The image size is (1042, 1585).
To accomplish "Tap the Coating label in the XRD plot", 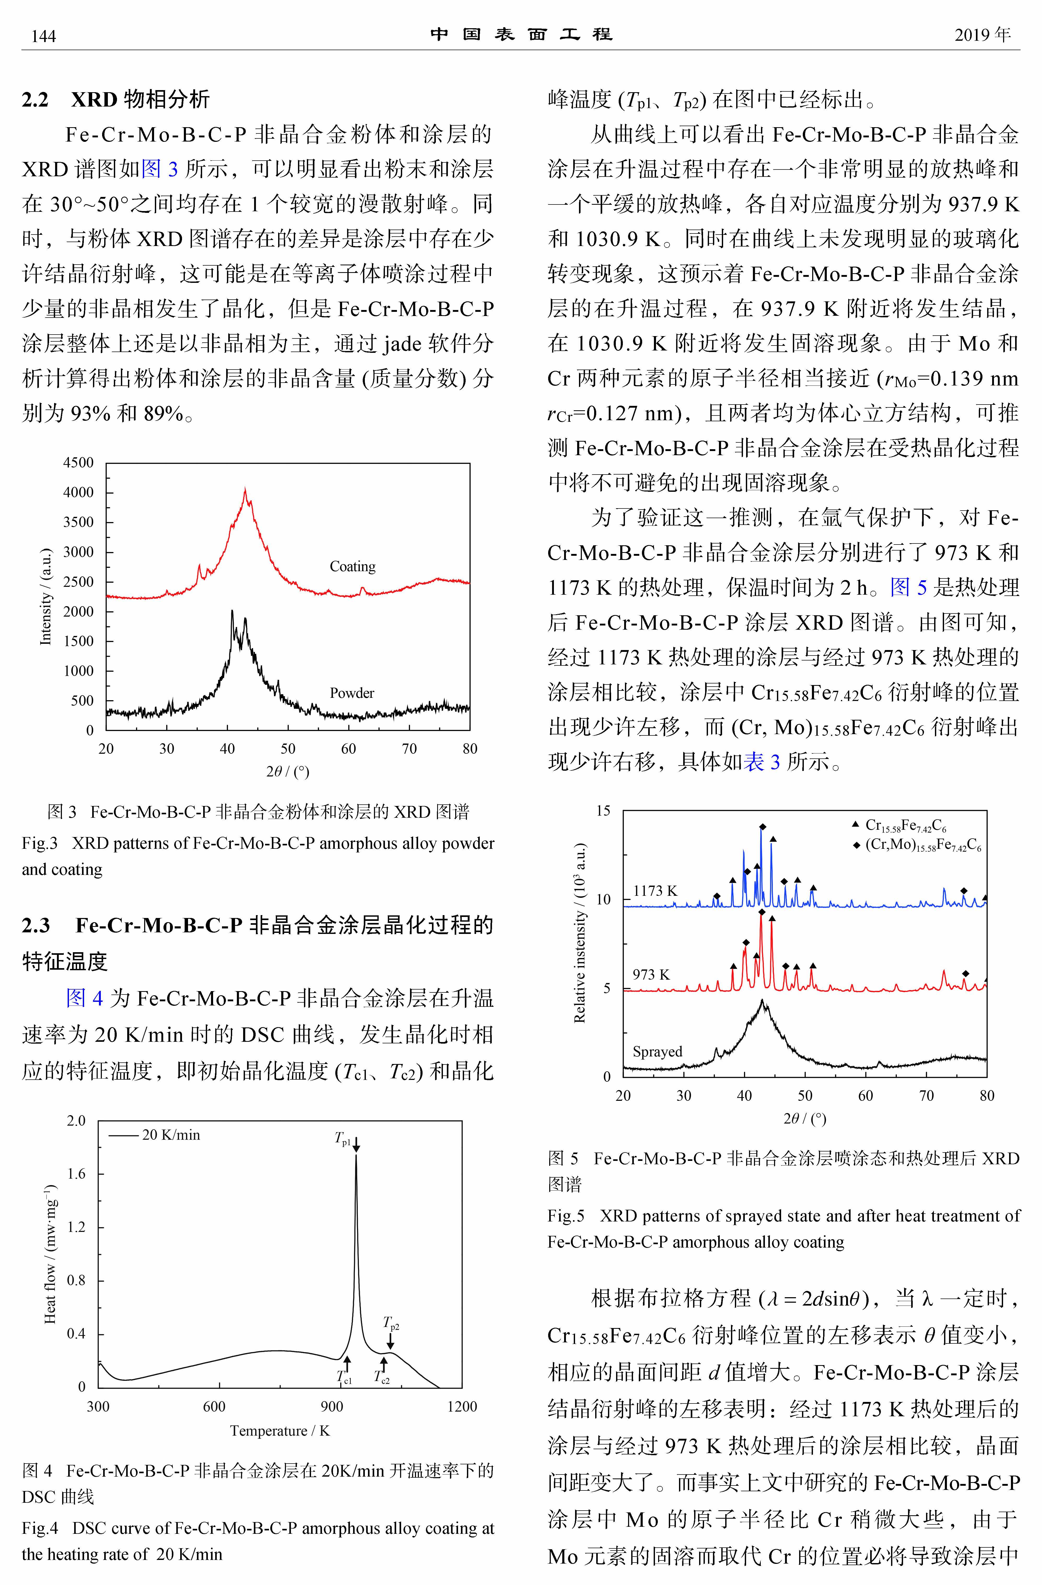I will (x=352, y=566).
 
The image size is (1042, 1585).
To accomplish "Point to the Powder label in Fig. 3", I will (x=352, y=693).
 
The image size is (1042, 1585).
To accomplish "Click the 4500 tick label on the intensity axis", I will (x=79, y=462).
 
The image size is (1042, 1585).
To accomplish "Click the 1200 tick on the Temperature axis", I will (x=461, y=1407).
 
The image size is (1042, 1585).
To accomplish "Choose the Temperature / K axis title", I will (x=280, y=1430).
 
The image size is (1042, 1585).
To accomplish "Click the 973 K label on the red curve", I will (x=651, y=974).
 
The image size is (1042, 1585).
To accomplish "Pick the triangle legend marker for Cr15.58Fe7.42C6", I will (x=856, y=824).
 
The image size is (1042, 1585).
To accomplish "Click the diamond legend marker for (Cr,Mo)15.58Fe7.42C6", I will (x=856, y=845).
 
